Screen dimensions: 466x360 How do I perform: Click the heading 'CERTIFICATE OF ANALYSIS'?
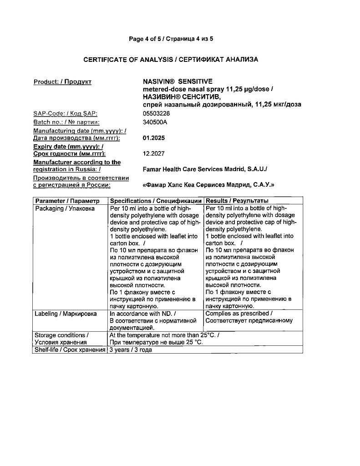[128, 60]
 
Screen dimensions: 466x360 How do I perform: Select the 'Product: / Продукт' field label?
[62, 82]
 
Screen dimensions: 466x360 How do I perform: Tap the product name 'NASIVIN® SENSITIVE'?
[171, 82]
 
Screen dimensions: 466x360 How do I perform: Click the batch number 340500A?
[155, 122]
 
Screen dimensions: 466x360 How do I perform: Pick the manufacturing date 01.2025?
[154, 138]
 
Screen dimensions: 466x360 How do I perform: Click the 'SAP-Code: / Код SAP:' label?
[66, 113]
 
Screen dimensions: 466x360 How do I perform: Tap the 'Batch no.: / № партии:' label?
[66, 122]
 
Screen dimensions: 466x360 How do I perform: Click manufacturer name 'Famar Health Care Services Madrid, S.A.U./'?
[205, 169]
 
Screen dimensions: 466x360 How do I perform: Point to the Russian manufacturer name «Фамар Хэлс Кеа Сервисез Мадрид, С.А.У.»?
[208, 185]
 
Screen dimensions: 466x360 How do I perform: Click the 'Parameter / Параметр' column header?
[67, 201]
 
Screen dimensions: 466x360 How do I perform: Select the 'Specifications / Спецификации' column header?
[156, 201]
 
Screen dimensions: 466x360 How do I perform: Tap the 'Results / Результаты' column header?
[237, 201]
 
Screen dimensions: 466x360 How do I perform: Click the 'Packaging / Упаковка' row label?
[65, 208]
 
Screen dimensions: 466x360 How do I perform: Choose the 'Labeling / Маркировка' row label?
[66, 314]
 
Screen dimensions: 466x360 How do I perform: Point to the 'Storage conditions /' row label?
[62, 335]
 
